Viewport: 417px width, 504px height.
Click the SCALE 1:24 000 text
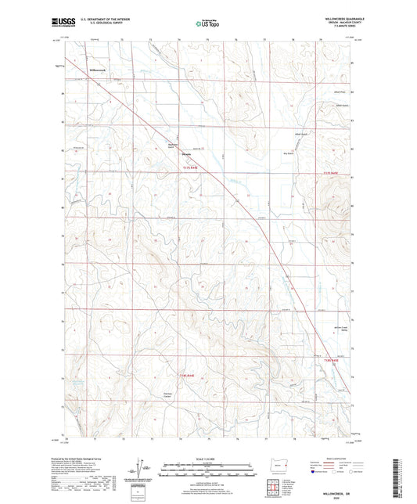208,458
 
